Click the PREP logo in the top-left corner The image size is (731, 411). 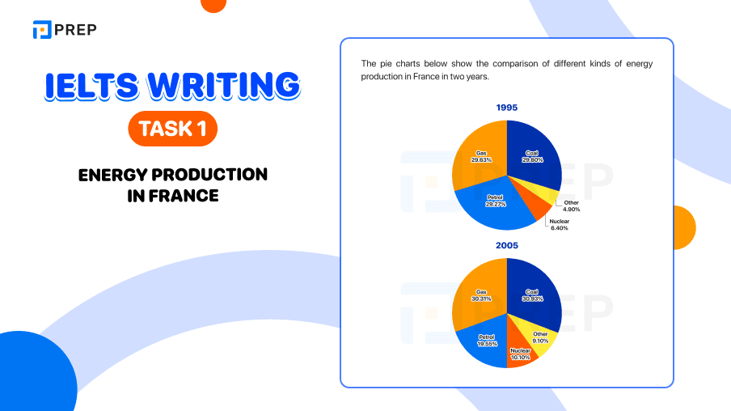pos(64,30)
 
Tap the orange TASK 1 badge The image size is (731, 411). pos(172,129)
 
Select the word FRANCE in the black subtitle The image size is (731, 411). pos(186,196)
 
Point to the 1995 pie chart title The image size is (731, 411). pos(507,108)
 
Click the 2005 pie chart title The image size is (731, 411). pos(507,244)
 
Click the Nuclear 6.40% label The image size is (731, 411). pos(559,225)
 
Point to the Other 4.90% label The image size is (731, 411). pos(572,205)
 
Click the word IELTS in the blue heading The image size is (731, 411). pos(91,87)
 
